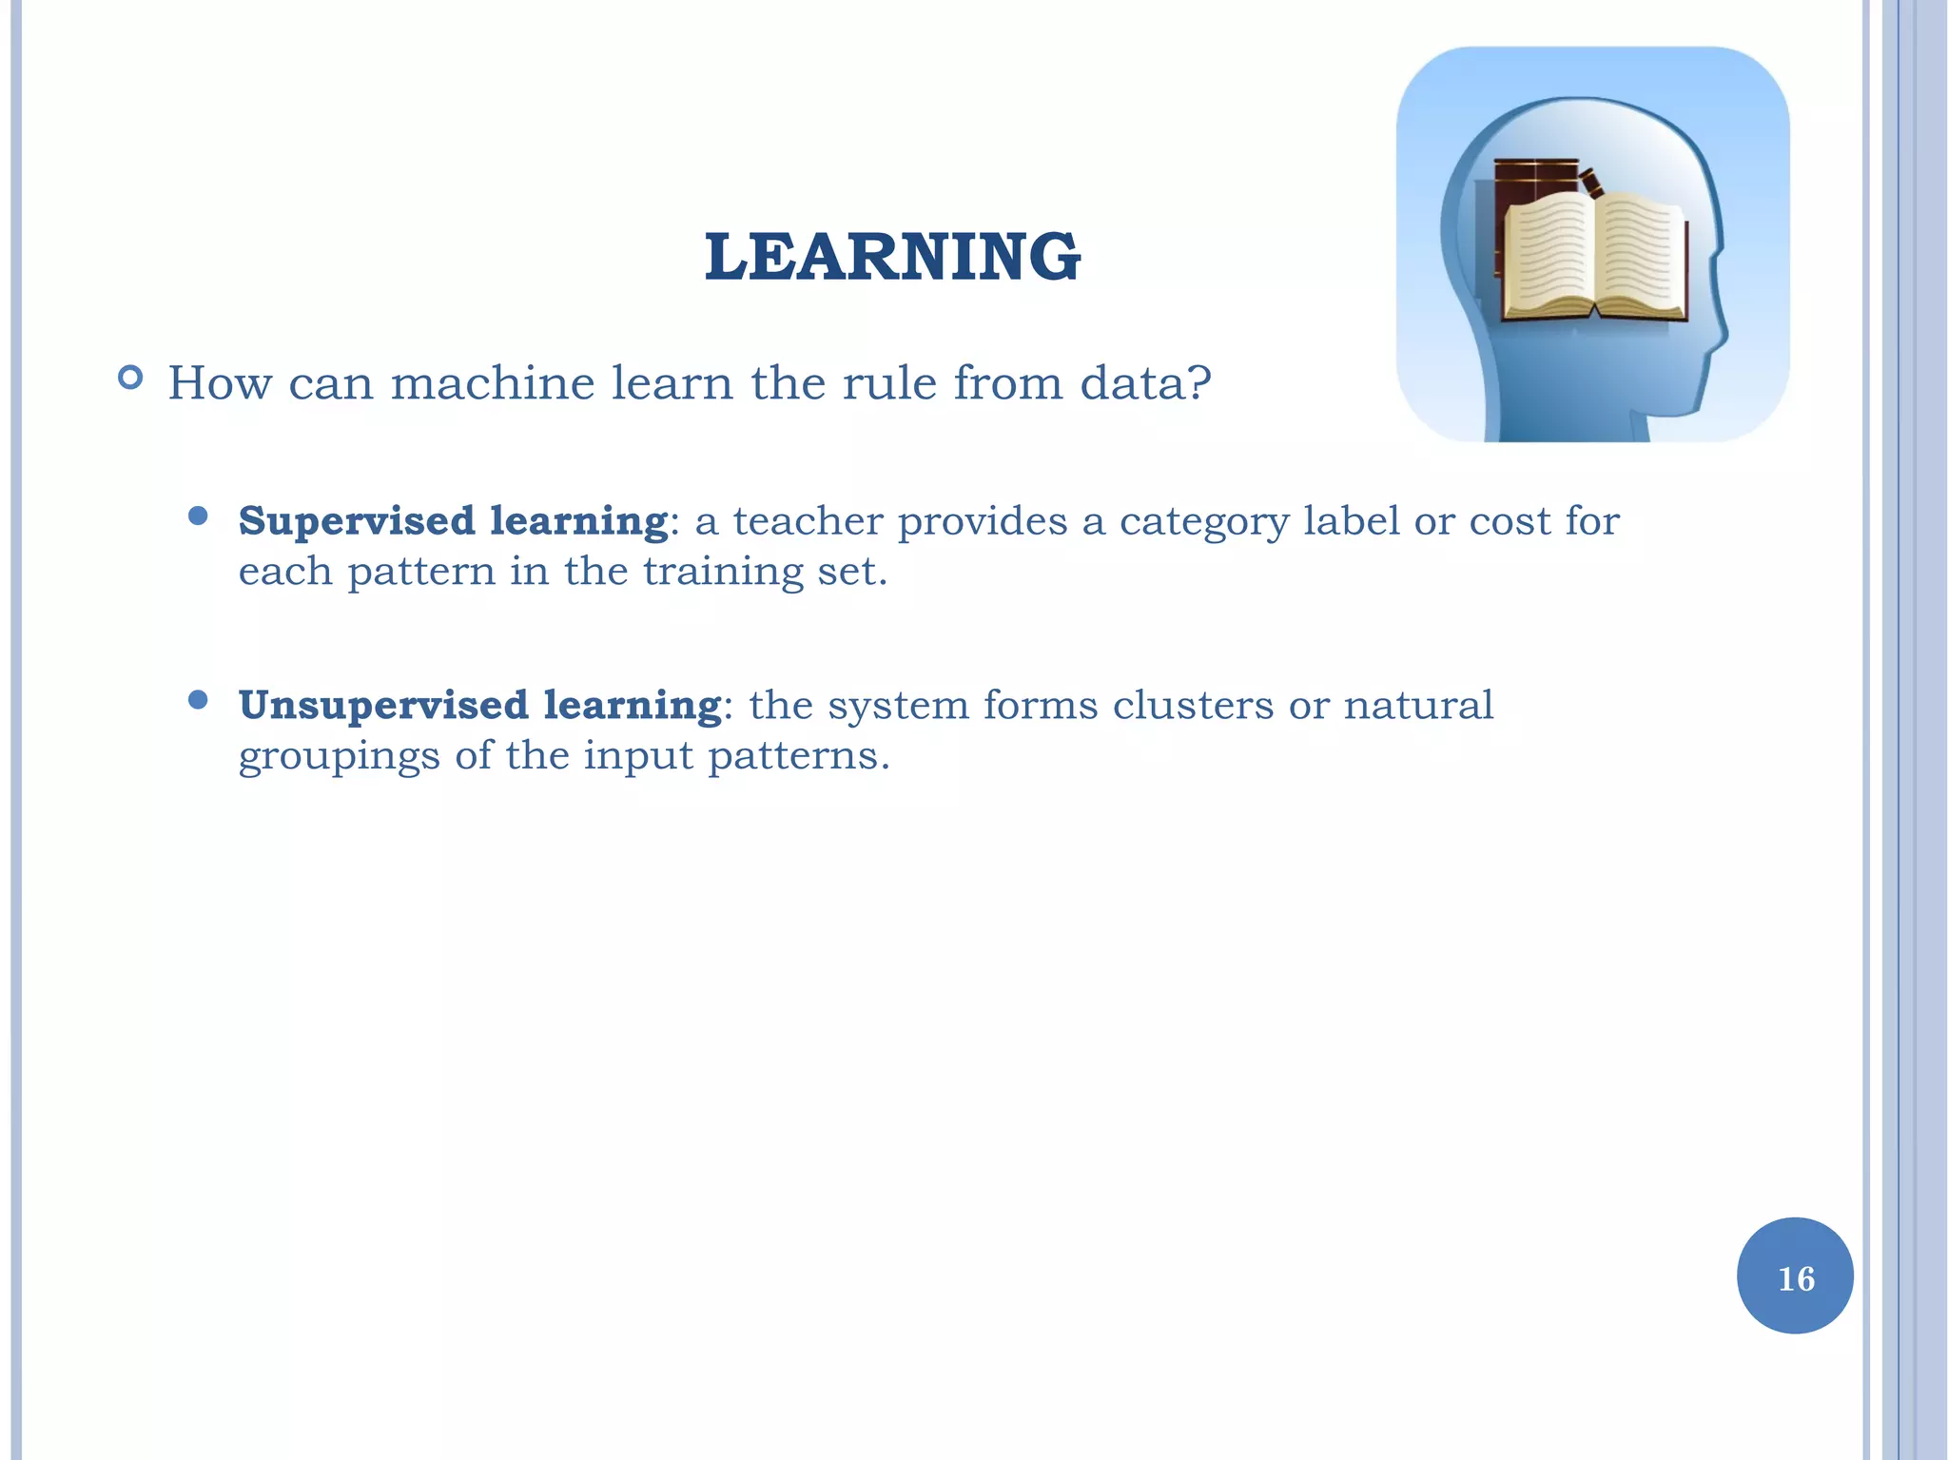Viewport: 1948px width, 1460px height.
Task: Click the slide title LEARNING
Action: pos(892,257)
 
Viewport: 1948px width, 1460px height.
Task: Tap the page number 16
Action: pos(1795,1277)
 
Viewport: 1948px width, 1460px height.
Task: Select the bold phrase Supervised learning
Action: pos(453,520)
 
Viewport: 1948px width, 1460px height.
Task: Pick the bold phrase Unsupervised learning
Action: pos(479,705)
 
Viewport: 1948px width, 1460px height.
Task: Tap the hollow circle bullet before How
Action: pos(130,379)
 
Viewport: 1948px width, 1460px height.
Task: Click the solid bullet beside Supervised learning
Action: pos(198,516)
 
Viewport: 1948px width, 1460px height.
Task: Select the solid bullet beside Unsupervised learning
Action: pos(198,701)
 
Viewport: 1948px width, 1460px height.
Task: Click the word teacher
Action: pos(808,521)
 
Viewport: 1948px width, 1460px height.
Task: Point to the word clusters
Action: pos(1193,706)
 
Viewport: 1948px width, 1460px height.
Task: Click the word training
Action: pos(723,573)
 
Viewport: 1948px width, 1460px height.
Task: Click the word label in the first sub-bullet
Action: pos(1351,521)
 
